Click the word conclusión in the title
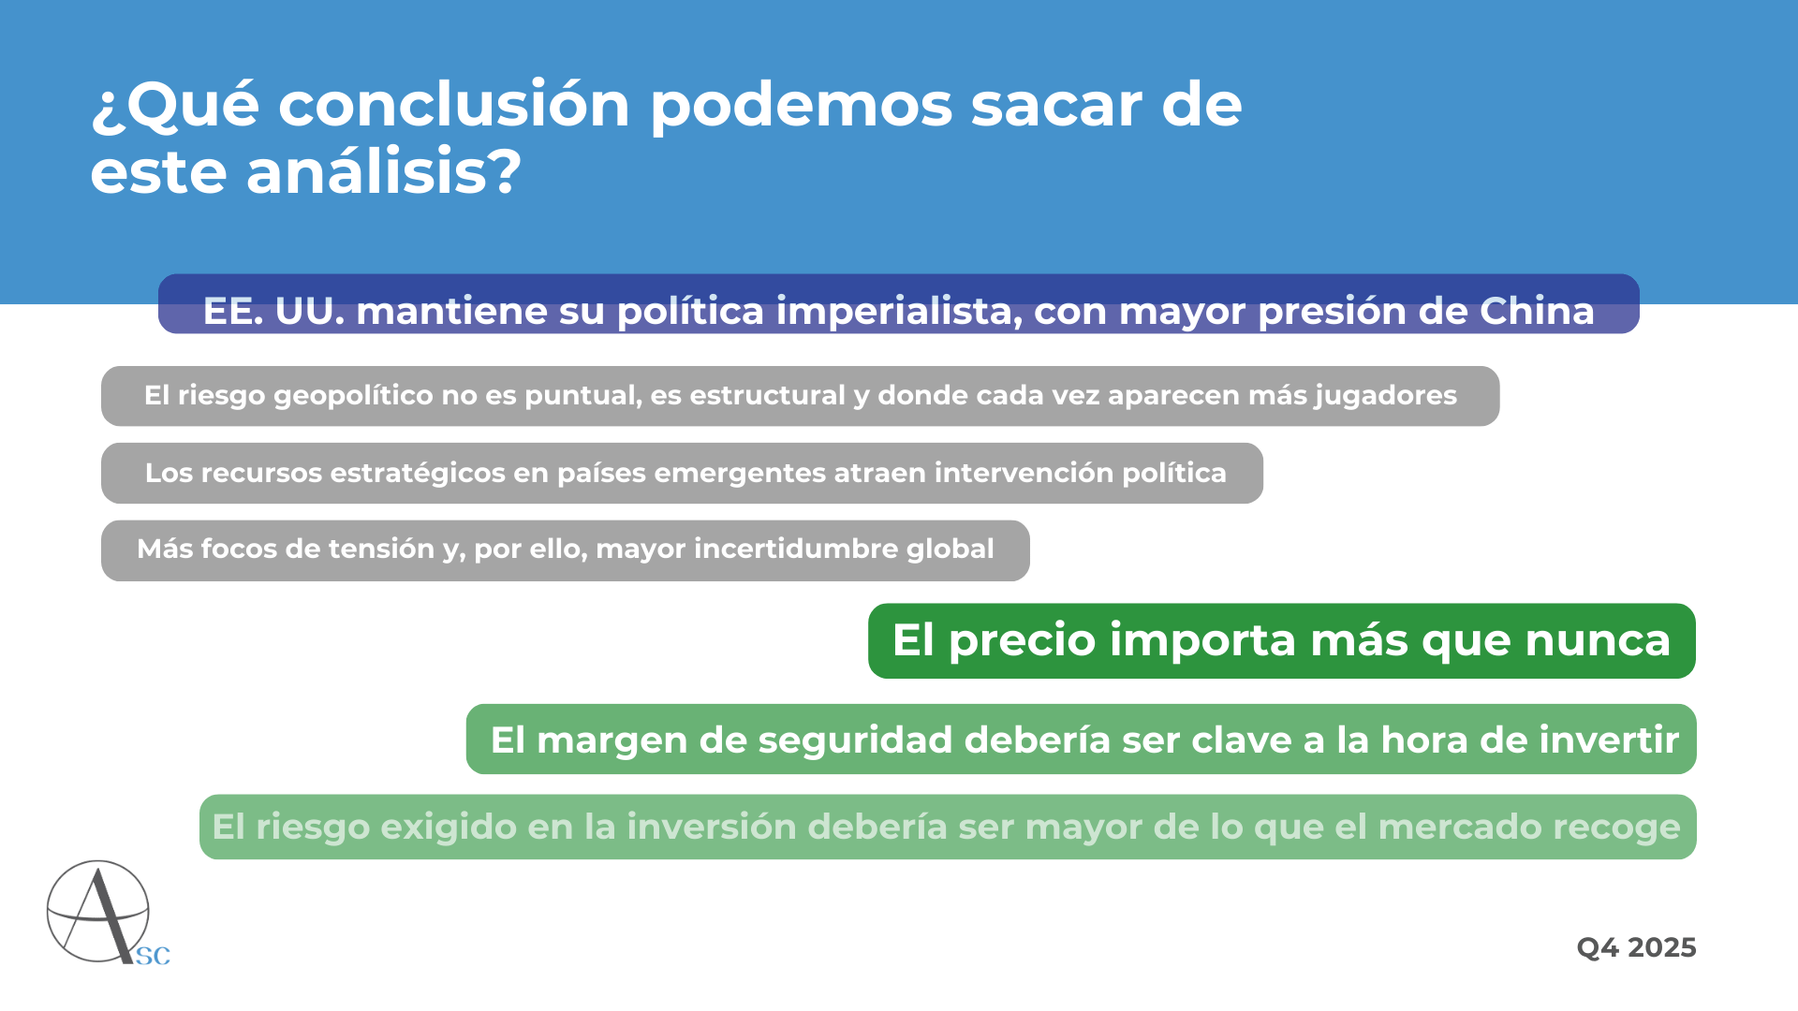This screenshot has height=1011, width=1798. (x=454, y=104)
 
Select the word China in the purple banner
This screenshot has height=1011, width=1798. (x=1537, y=311)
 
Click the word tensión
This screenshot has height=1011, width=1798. (x=382, y=549)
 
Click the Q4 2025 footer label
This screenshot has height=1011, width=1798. (x=1636, y=948)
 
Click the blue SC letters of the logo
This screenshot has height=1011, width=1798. (x=153, y=956)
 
